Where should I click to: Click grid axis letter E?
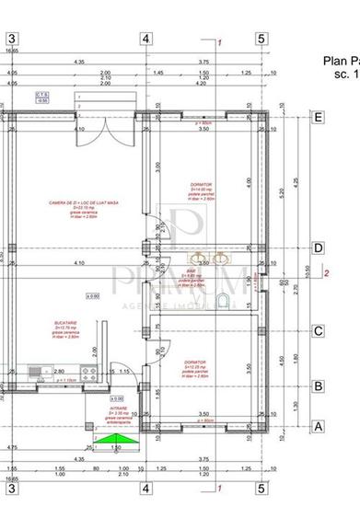(318, 117)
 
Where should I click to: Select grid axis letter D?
(318, 247)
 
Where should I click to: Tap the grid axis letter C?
(318, 331)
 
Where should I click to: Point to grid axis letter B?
(318, 386)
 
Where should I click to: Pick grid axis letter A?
(318, 426)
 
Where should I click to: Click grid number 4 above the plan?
(145, 39)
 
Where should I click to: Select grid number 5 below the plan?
(261, 489)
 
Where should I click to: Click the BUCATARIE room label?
(64, 324)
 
